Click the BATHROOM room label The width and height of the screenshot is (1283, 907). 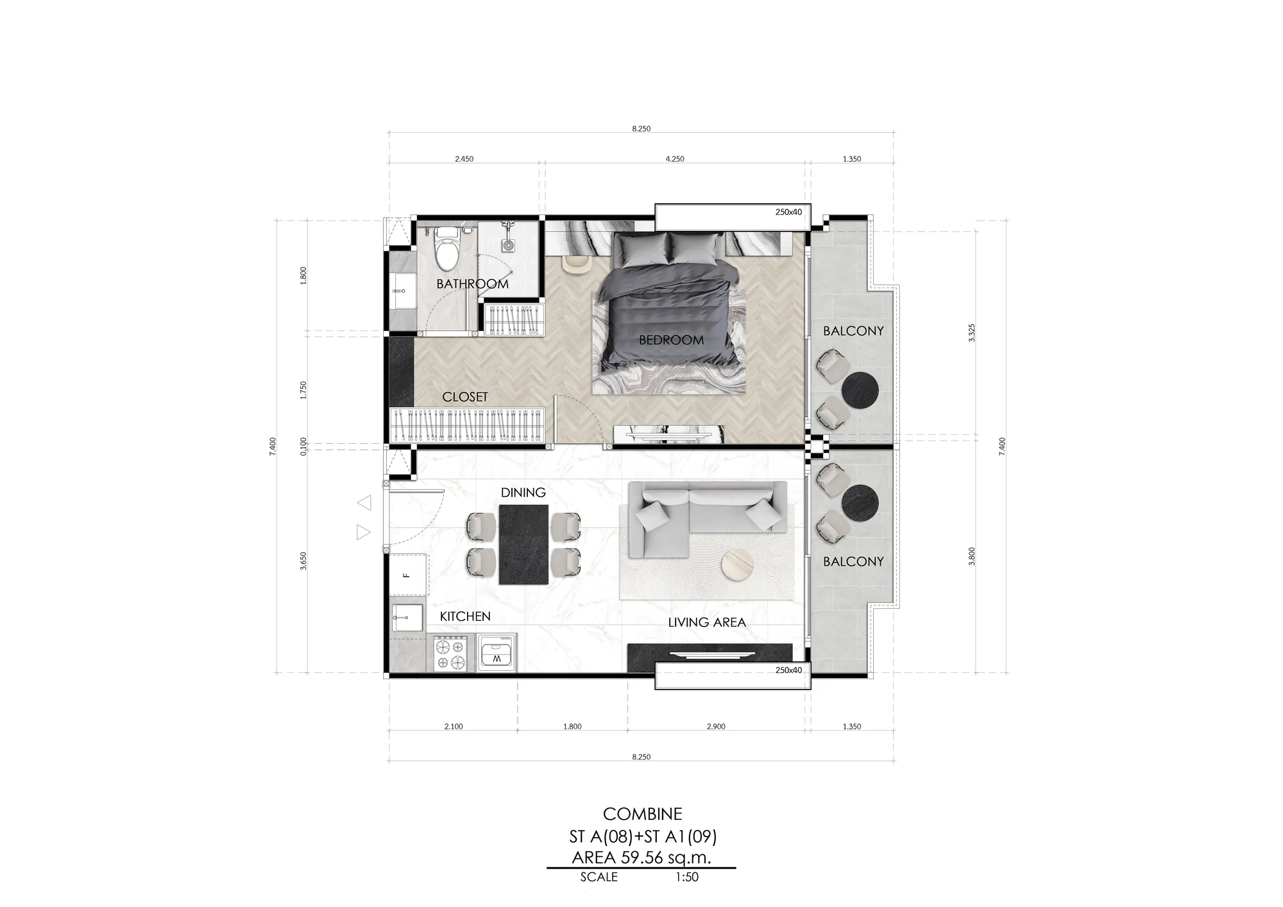[x=473, y=284]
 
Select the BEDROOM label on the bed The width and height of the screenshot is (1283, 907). [x=671, y=340]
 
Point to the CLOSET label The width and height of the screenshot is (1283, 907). [x=465, y=397]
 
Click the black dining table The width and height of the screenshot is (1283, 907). [x=524, y=545]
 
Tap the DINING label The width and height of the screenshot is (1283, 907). [x=523, y=493]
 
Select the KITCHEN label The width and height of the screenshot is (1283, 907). [x=465, y=616]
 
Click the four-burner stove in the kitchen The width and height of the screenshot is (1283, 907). [x=449, y=654]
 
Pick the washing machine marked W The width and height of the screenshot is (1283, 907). [x=497, y=653]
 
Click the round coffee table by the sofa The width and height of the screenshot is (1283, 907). [x=738, y=566]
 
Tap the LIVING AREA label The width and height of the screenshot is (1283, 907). [x=707, y=622]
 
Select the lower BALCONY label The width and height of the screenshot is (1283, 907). [x=853, y=561]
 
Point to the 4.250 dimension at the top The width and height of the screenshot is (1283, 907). [x=675, y=159]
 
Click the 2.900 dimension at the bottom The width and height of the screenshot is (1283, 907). [x=716, y=727]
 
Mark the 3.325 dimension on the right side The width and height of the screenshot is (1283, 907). [x=972, y=333]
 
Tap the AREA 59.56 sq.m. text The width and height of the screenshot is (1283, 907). [x=641, y=858]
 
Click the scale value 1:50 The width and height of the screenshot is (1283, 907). [x=686, y=877]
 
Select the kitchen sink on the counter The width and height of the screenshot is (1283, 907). [x=407, y=617]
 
